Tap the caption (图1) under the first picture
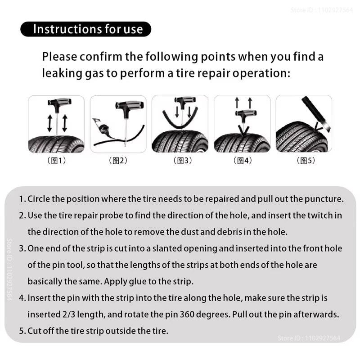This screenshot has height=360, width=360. click(x=56, y=161)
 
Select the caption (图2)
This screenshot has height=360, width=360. click(x=118, y=161)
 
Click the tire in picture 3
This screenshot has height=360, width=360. click(x=180, y=142)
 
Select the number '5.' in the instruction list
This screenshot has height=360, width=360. click(x=22, y=331)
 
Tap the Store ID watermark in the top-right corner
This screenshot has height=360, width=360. click(x=321, y=9)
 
